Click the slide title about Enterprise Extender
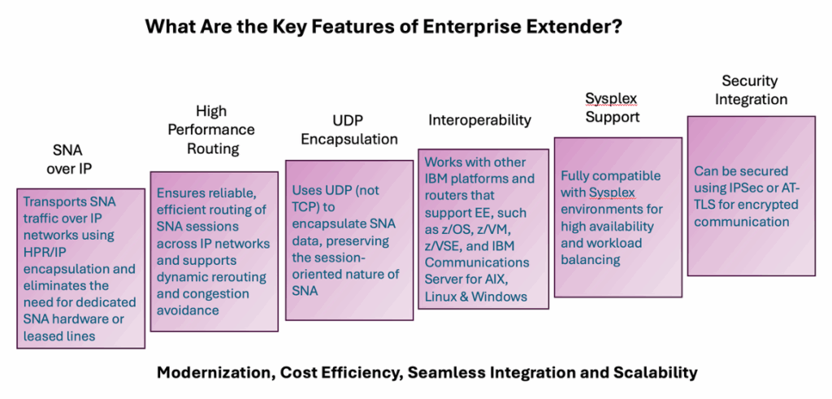pos(383,27)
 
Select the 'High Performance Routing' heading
pos(211,129)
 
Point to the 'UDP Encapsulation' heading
pos(349,130)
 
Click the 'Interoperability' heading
pos(479,120)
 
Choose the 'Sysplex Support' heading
pos(613,107)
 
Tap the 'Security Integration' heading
pos(750,89)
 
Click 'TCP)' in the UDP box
pos(307,207)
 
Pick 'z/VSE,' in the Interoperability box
pos(447,245)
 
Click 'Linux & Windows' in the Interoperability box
pos(476,296)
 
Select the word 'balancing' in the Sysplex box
pos(591,259)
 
